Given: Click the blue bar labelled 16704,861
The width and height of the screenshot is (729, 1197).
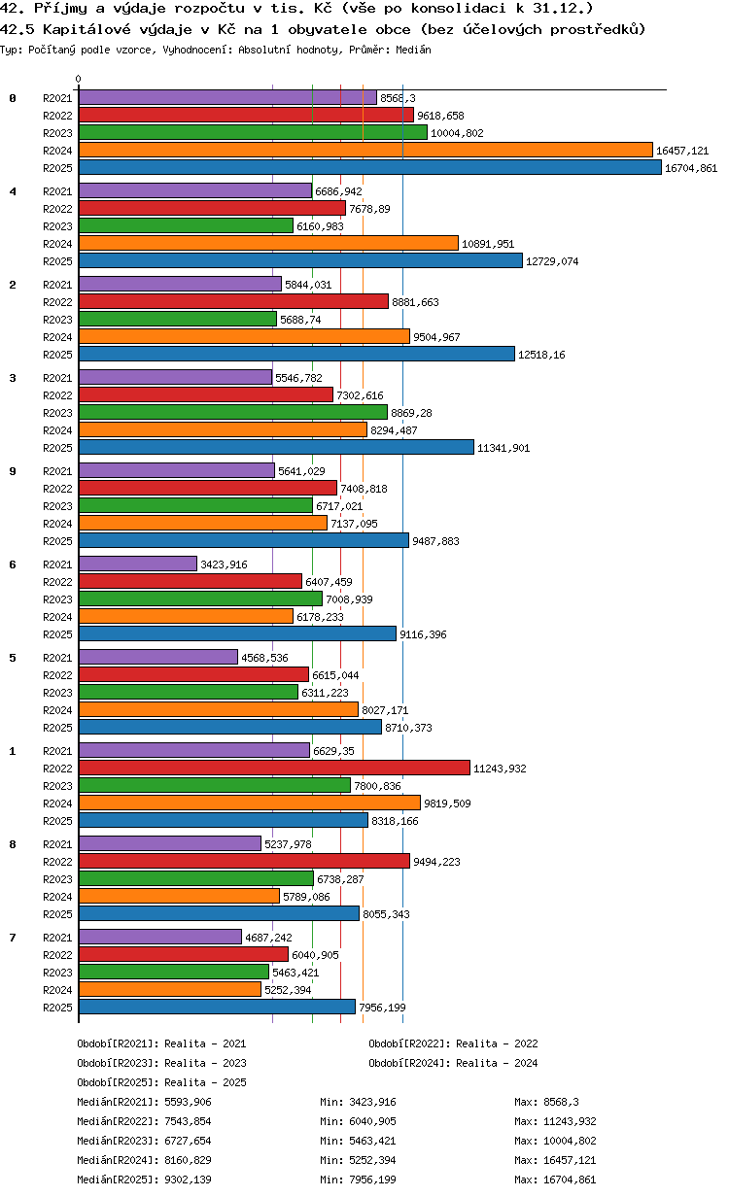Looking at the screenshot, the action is click(x=369, y=168).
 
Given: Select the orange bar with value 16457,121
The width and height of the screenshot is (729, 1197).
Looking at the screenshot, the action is click(x=365, y=151).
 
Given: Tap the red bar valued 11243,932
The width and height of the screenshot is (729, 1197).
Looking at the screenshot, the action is click(x=274, y=768).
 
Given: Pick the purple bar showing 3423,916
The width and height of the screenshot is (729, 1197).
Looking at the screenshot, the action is click(x=138, y=564).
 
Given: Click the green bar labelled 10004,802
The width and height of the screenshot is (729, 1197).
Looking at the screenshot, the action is click(x=253, y=132).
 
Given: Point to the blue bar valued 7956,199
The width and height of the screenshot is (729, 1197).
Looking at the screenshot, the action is click(x=217, y=1007).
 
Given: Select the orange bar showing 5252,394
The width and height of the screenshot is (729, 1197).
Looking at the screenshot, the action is click(x=170, y=989).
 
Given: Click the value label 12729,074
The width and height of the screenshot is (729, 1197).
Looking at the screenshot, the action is click(x=552, y=261).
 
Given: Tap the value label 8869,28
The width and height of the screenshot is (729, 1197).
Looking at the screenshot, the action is click(x=411, y=413).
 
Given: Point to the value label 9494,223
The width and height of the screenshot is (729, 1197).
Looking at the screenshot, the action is click(x=436, y=862).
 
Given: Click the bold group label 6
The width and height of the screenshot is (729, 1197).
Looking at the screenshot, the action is click(x=13, y=564).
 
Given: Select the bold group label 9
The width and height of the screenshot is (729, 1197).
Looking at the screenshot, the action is click(x=13, y=471).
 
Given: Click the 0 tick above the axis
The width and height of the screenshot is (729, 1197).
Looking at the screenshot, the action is click(x=79, y=79).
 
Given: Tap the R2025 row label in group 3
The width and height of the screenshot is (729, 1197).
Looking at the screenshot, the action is click(x=57, y=448).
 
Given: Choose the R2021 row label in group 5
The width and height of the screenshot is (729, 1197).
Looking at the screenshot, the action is click(x=57, y=658).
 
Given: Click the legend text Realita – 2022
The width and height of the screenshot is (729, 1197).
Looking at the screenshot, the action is click(x=497, y=1043).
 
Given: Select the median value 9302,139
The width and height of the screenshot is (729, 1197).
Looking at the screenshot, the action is click(x=188, y=1180).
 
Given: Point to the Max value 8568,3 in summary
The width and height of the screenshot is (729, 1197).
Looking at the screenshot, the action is click(x=561, y=1102).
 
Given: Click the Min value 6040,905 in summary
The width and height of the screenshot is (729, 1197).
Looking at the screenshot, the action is click(x=372, y=1121).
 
